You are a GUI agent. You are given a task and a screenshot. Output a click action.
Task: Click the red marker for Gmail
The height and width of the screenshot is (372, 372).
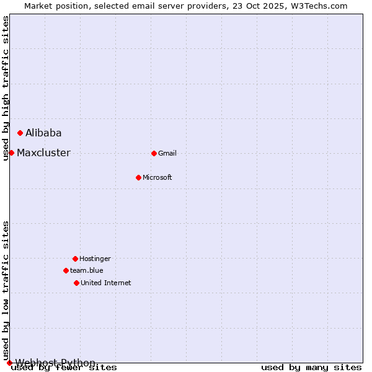(154, 153)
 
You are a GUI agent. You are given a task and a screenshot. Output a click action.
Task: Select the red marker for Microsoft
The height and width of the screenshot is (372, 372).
(138, 177)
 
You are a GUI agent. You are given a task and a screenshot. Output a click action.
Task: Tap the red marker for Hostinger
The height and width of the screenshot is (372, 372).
(75, 259)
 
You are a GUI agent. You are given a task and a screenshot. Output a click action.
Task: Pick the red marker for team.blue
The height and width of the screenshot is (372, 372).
(66, 270)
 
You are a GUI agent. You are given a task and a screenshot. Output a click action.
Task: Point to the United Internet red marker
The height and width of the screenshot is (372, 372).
(76, 283)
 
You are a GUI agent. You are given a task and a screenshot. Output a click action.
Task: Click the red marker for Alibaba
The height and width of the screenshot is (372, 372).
(20, 133)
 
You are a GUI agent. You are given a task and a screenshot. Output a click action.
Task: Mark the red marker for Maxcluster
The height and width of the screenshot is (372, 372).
(11, 153)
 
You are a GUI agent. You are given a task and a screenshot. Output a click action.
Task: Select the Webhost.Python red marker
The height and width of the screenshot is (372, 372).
(9, 363)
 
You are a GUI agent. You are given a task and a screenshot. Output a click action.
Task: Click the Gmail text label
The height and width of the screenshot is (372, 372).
(167, 153)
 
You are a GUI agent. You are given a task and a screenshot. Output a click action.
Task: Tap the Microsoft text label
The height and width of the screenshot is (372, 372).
(157, 177)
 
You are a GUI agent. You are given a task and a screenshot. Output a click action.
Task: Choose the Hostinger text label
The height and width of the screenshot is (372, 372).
(95, 259)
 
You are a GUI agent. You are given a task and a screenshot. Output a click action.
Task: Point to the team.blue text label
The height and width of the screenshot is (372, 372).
(87, 270)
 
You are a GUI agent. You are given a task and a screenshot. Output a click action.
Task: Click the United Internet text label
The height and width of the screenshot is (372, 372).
(106, 283)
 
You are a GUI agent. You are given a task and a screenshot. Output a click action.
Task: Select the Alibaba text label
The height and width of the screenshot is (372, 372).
(43, 133)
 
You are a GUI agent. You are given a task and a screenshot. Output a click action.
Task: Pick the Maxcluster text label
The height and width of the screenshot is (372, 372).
(43, 153)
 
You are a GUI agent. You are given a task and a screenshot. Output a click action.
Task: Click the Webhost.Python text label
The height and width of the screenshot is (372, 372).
(55, 363)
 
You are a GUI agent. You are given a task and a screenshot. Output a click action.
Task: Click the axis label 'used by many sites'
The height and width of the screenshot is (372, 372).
(311, 368)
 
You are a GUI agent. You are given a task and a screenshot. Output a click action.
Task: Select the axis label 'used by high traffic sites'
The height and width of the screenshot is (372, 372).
(6, 88)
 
